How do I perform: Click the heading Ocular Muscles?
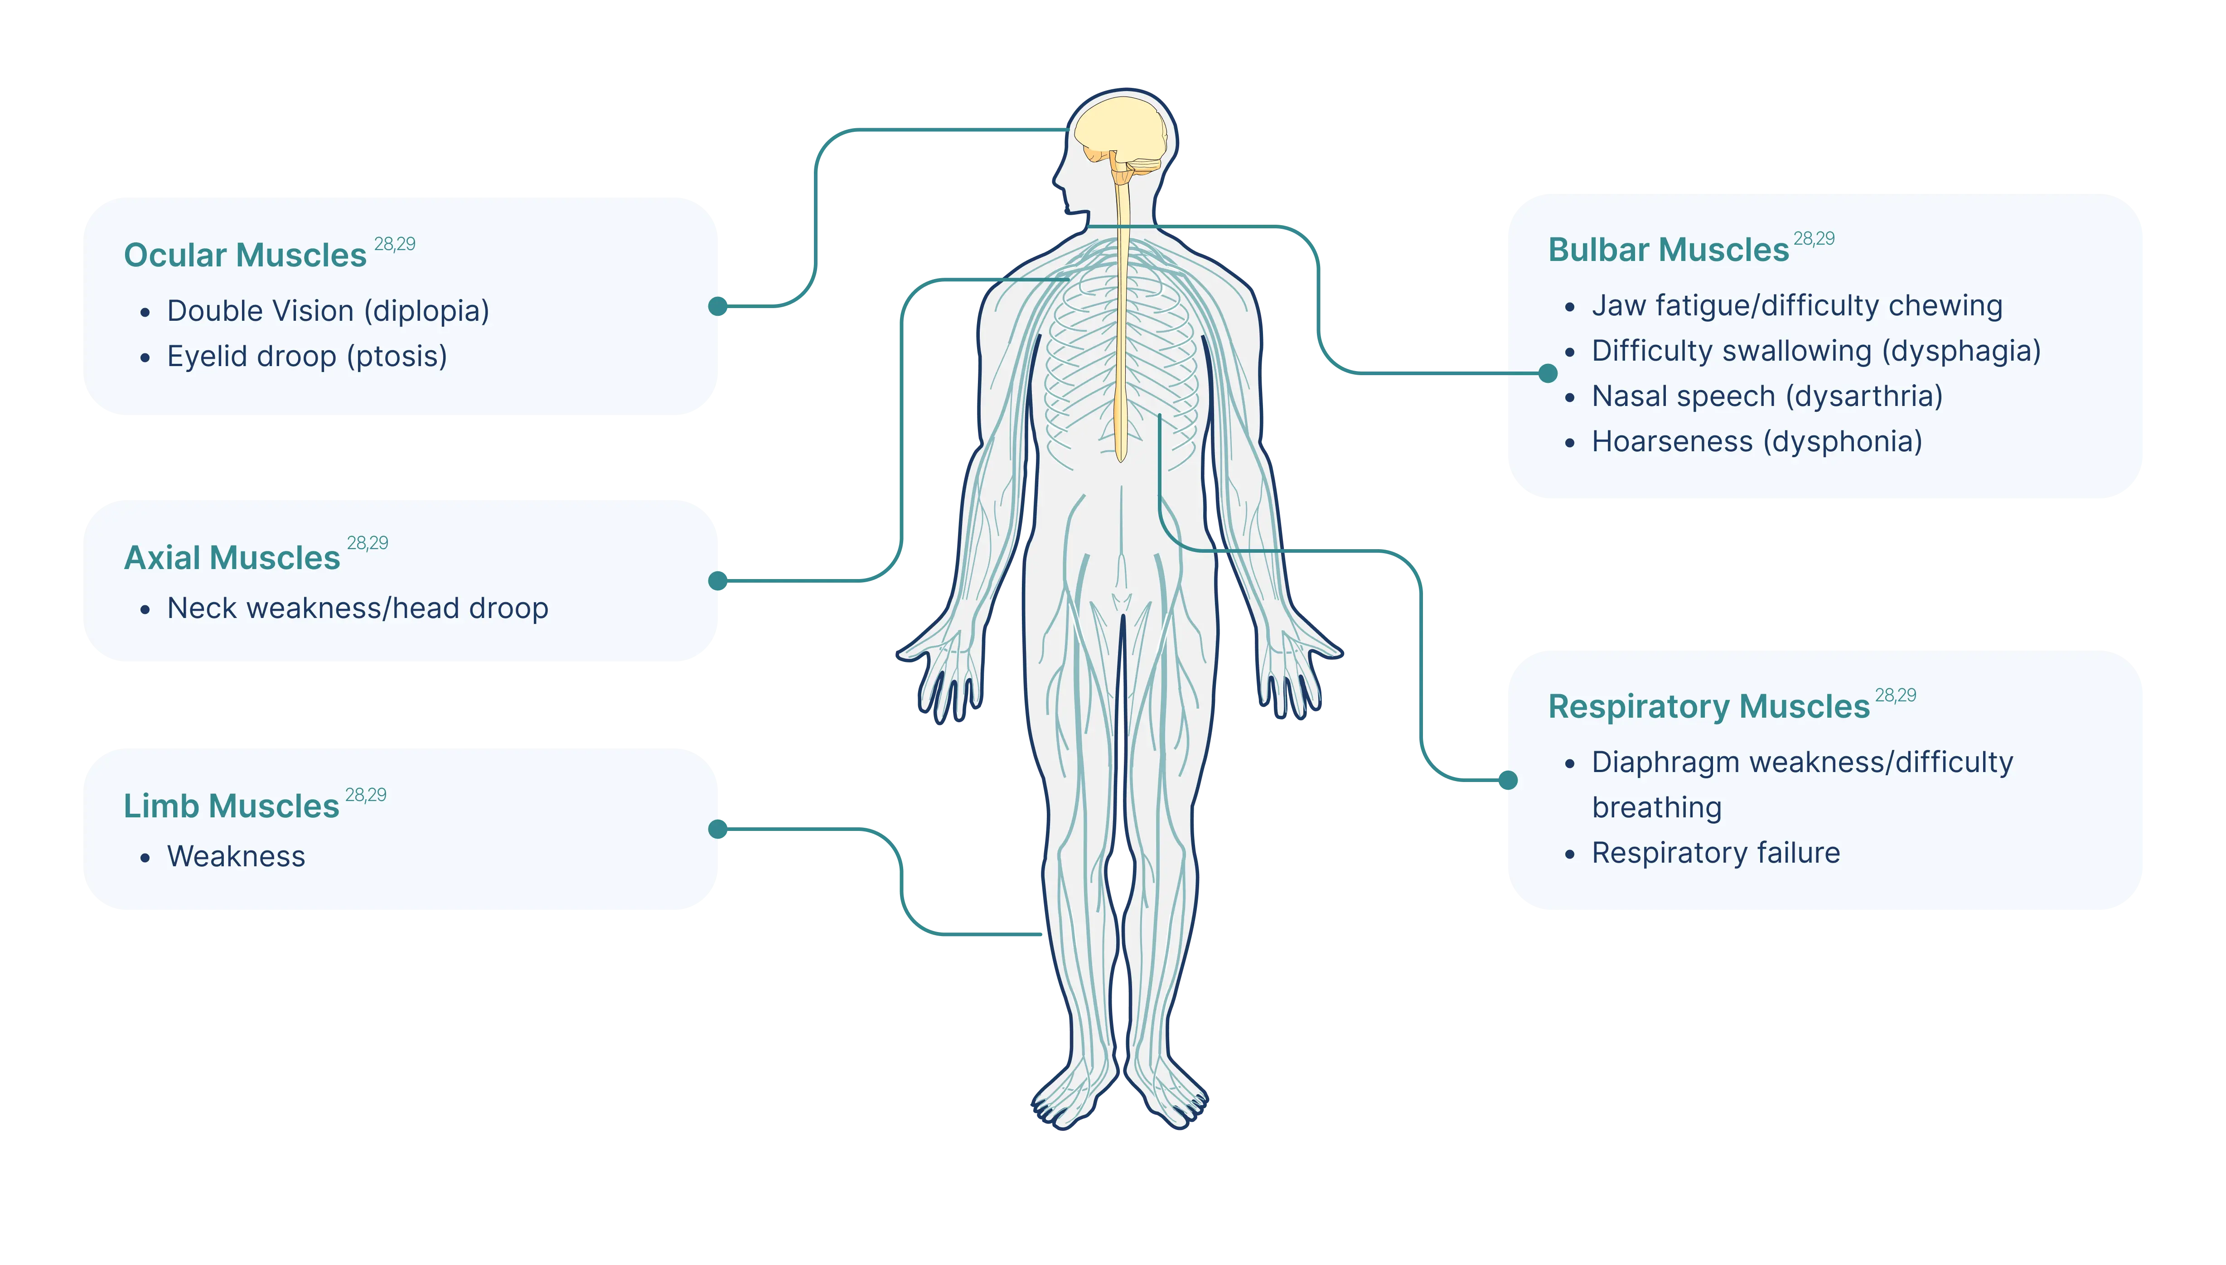[245, 255]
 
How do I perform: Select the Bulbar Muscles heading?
[1668, 249]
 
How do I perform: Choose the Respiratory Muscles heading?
[1708, 706]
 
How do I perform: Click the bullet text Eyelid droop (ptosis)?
[307, 356]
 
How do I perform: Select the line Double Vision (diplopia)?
[329, 311]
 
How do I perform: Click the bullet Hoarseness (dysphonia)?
[1757, 441]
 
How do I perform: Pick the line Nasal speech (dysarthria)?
[1767, 396]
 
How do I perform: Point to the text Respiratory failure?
[1716, 853]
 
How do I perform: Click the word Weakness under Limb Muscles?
[236, 857]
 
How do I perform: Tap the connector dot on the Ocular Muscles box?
[718, 306]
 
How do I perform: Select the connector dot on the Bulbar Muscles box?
[1548, 374]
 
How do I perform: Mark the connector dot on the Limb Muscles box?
[718, 829]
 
